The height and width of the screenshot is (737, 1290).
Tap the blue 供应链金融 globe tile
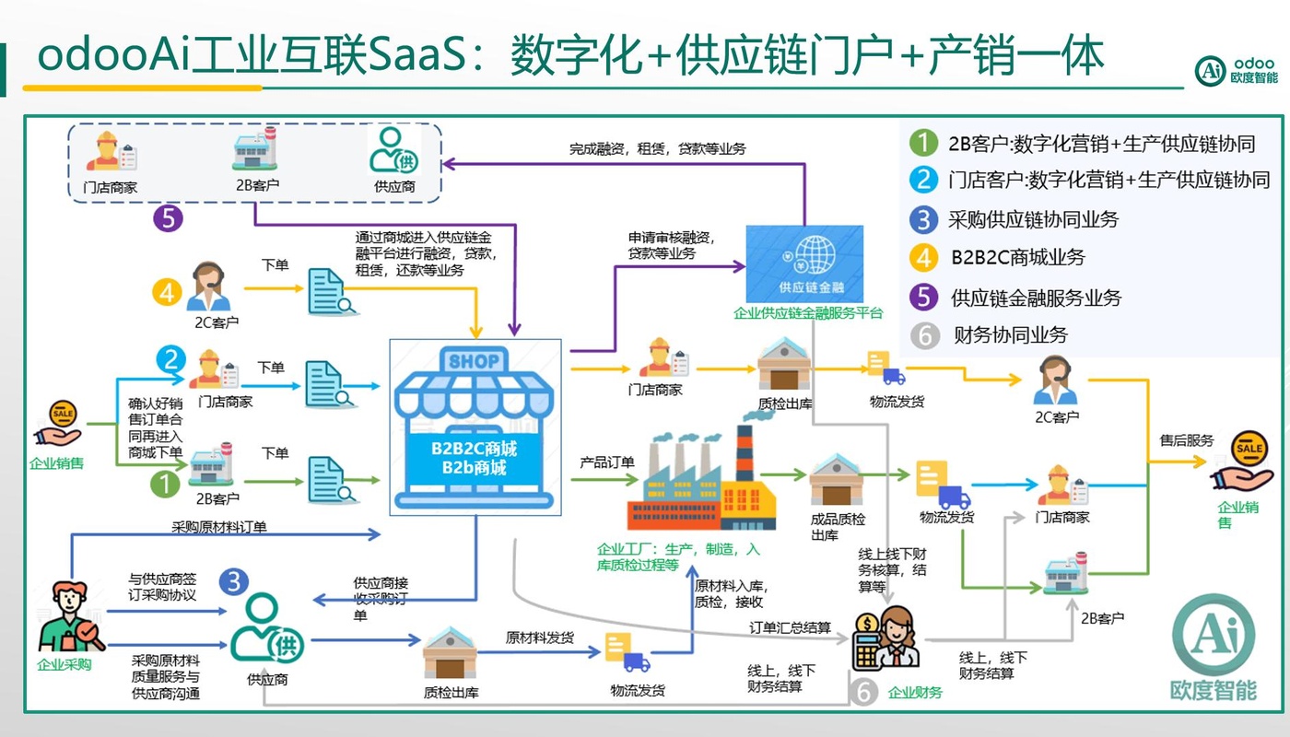coord(804,263)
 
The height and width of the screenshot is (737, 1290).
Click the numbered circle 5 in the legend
coord(922,298)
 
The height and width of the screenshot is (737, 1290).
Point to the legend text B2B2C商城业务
coord(1017,258)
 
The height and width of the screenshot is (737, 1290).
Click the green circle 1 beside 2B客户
coord(165,483)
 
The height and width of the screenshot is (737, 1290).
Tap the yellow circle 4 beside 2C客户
coord(165,292)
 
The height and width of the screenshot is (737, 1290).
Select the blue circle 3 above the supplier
coord(234,582)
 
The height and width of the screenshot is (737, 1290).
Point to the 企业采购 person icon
coord(66,619)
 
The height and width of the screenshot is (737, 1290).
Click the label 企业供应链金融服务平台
coord(807,313)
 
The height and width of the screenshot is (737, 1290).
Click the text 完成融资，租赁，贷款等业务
coord(657,147)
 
